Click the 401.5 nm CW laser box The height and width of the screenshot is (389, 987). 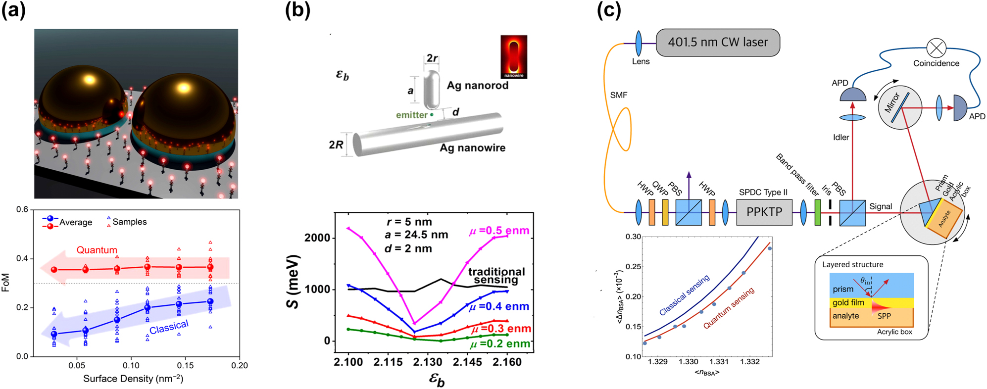point(717,43)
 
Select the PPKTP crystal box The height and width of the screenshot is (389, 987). point(764,212)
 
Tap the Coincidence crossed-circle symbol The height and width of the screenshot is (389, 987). point(936,48)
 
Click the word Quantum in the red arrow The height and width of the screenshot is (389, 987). point(97,250)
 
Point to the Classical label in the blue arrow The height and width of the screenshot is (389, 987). point(169,327)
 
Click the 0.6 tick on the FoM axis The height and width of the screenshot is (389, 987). point(22,209)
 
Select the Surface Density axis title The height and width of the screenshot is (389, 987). point(133,379)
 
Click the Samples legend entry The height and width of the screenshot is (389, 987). point(129,222)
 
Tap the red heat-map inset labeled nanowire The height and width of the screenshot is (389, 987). point(513,56)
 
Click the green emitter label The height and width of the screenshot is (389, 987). point(411,115)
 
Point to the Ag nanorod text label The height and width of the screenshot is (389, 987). point(477,86)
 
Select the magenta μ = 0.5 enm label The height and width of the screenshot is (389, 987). point(499,231)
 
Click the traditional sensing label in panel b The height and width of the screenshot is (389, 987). point(496,276)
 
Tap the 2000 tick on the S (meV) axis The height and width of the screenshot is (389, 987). point(317,238)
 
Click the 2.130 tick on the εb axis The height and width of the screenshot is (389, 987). point(428,362)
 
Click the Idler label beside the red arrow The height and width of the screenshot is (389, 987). point(840,138)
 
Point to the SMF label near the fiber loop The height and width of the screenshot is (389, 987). point(618,95)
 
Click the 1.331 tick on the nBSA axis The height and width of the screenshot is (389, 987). point(719,362)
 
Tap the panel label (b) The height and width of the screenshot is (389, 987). point(297,10)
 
